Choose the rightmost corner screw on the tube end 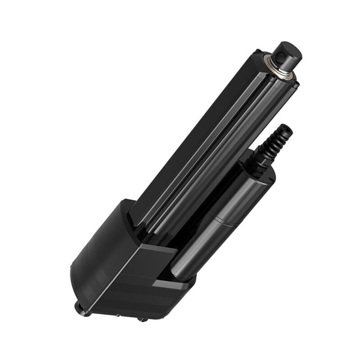tap(295, 84)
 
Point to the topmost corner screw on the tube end tap(257, 52)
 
